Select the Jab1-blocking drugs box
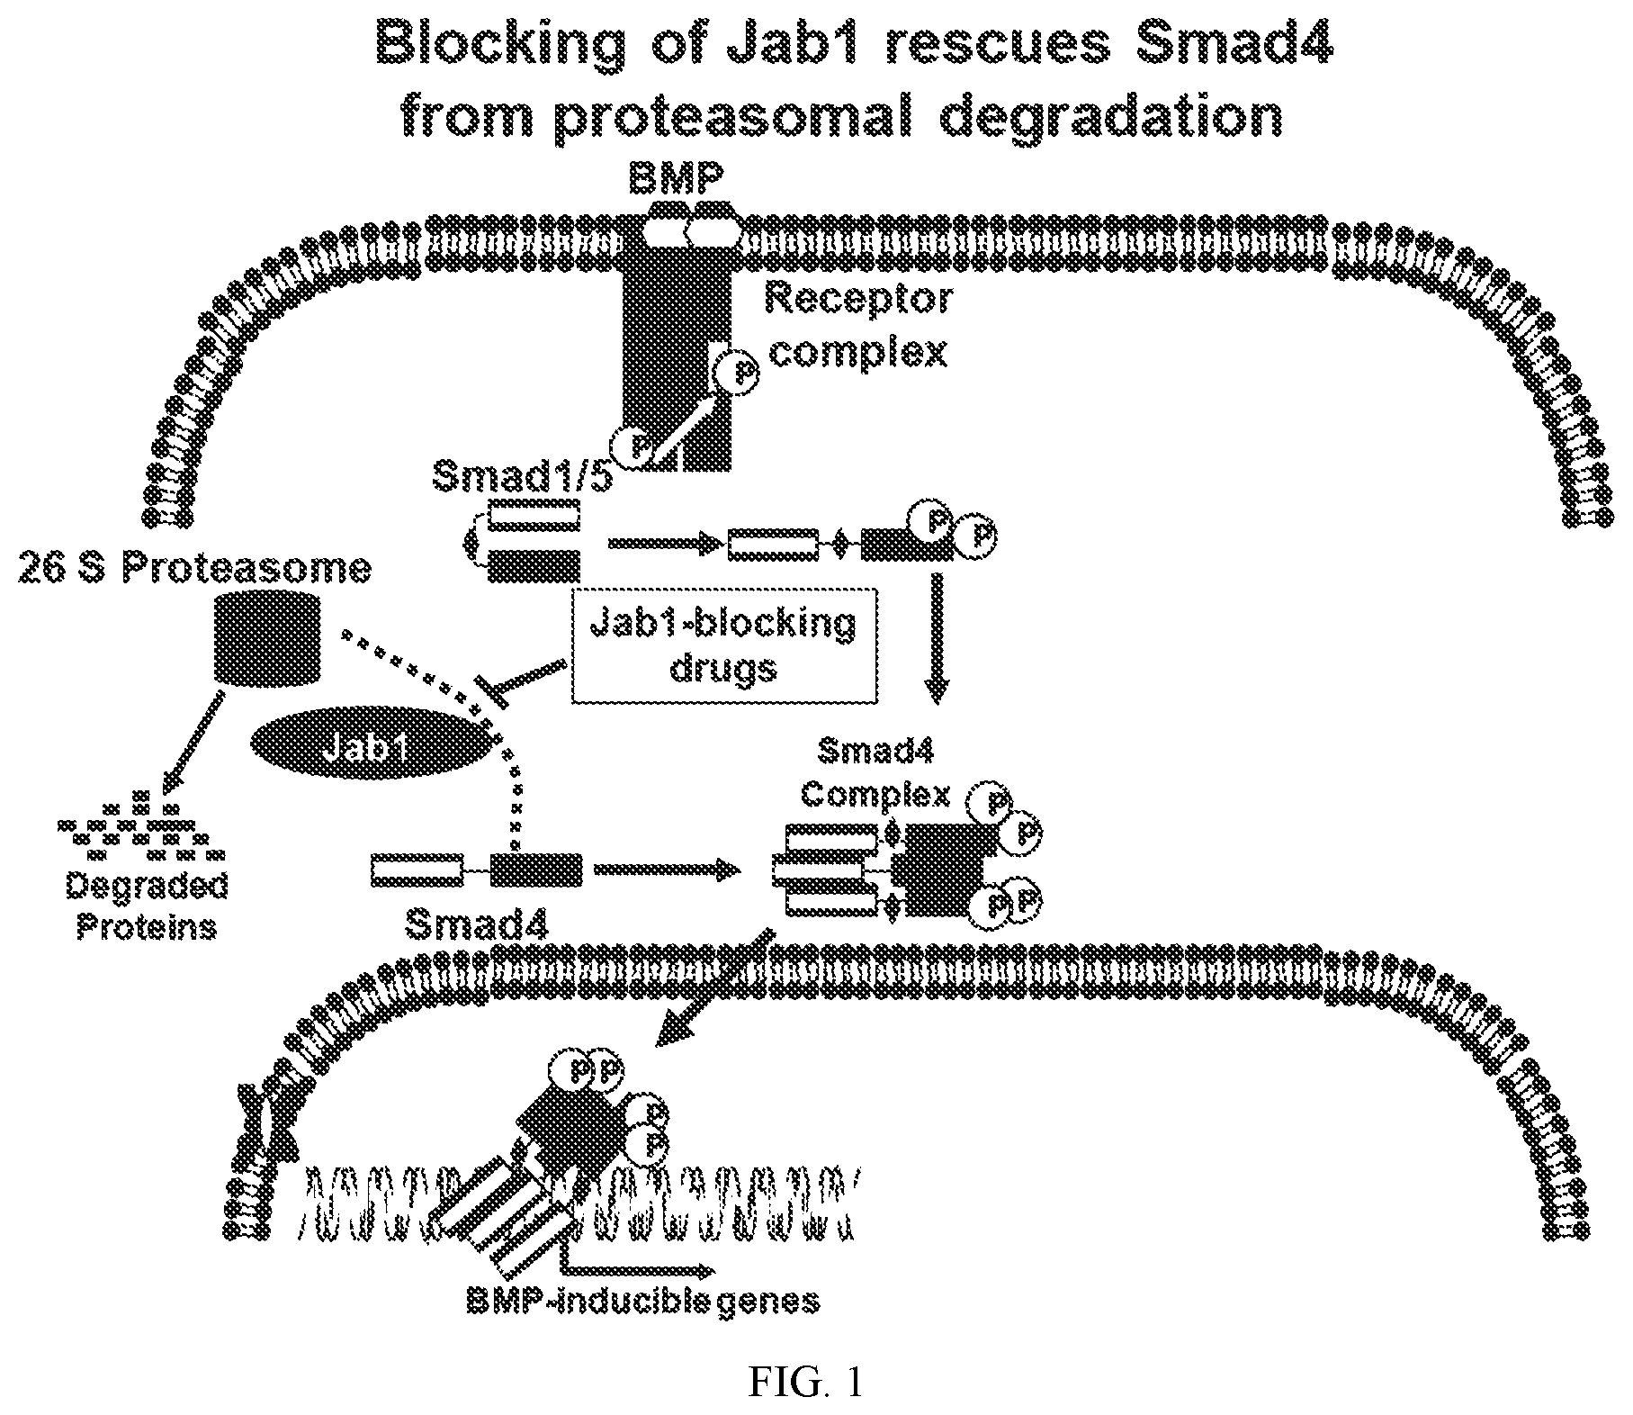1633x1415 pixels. (726, 645)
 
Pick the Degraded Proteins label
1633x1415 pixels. (146, 906)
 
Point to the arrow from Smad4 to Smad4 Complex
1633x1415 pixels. (667, 870)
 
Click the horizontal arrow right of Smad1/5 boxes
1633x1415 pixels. (665, 543)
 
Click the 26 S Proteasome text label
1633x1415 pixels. (194, 569)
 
